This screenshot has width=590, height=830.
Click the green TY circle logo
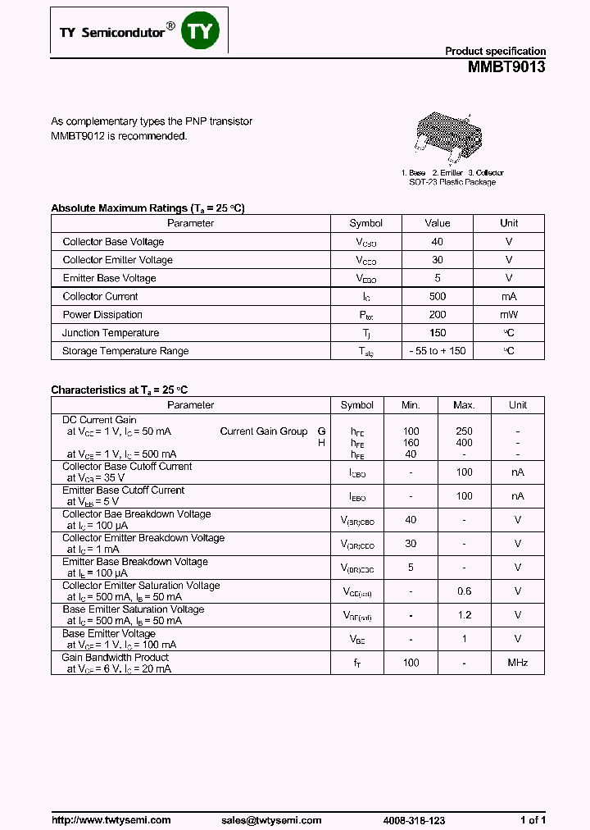(201, 31)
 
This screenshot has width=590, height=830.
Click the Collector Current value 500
(437, 297)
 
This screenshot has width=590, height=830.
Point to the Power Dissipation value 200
(437, 315)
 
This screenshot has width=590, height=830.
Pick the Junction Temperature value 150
(437, 333)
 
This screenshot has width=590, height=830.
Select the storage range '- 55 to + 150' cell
(437, 351)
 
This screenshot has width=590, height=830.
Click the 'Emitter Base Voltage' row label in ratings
(109, 279)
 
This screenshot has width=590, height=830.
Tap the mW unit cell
(509, 315)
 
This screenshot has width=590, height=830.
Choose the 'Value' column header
(437, 223)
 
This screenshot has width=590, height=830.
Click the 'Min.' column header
(411, 405)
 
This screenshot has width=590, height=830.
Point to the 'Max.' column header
(464, 405)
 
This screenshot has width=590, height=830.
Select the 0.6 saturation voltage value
(464, 591)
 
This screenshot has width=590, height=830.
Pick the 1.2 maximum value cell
(464, 615)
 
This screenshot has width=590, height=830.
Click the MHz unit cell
(517, 663)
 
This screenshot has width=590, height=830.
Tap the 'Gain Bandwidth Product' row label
(116, 658)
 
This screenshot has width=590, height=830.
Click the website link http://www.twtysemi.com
(111, 820)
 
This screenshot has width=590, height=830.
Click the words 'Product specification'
(495, 51)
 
